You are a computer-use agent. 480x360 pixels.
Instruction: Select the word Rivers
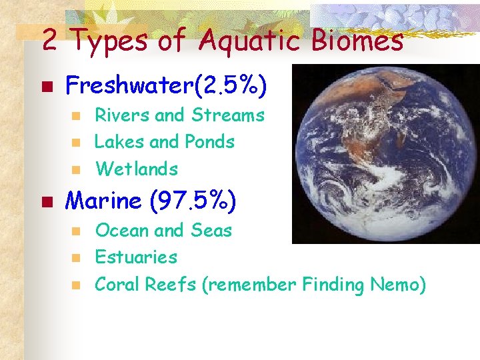point(122,115)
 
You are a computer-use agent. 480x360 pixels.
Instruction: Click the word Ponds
point(210,142)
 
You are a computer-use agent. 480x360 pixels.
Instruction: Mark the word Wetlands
point(137,169)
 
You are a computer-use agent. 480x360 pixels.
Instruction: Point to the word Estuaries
point(136,257)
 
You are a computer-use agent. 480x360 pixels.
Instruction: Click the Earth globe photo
point(387,153)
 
